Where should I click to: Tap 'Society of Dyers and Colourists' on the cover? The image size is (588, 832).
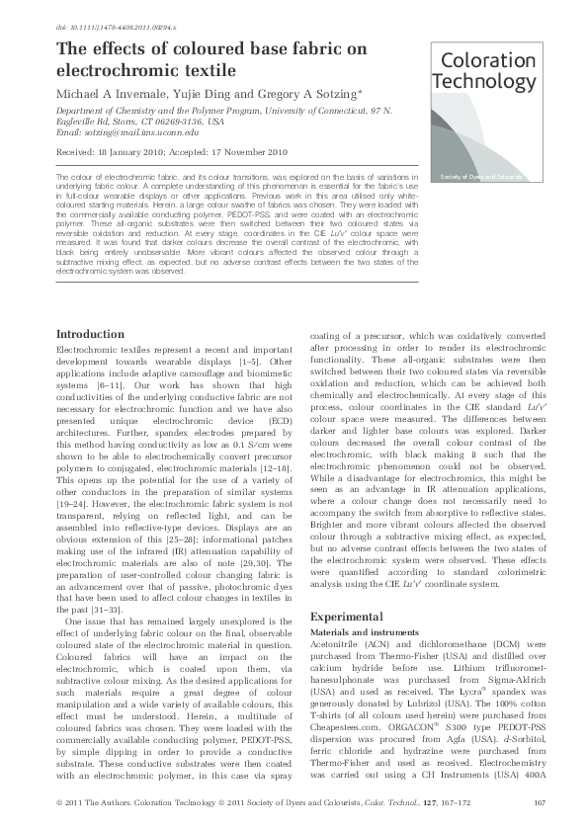pos(481,176)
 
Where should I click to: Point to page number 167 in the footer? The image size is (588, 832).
pos(540,801)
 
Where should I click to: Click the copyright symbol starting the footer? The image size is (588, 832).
pos(60,801)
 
